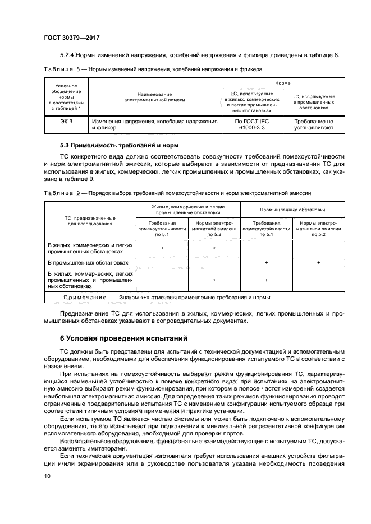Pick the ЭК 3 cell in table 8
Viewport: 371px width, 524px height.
pyautogui.click(x=66, y=122)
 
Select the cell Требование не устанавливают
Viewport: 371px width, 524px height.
pyautogui.click(x=314, y=124)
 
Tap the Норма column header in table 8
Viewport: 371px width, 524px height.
pyautogui.click(x=282, y=82)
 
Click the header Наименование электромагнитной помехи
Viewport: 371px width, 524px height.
pyautogui.click(x=154, y=97)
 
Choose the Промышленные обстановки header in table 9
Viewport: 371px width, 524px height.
pyautogui.click(x=292, y=210)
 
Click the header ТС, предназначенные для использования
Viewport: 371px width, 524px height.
pyautogui.click(x=90, y=220)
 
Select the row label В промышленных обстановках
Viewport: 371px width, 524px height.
pyautogui.click(x=88, y=262)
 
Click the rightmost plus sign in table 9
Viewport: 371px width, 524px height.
pyautogui.click(x=318, y=262)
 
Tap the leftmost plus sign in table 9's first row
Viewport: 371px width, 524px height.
pyautogui.click(x=162, y=248)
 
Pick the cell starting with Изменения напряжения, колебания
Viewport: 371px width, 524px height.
pyautogui.click(x=154, y=124)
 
